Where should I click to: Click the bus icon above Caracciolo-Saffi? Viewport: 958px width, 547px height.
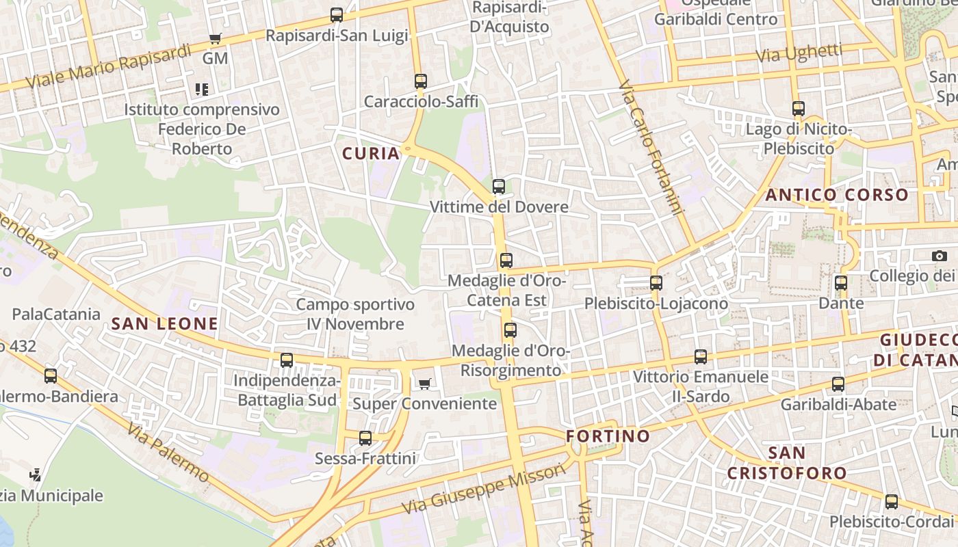[421, 81]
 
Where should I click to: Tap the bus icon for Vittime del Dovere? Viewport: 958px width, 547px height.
[499, 186]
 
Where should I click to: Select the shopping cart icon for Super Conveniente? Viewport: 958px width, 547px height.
[425, 384]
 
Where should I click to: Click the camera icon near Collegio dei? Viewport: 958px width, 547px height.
[940, 256]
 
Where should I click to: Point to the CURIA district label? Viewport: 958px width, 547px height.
[371, 154]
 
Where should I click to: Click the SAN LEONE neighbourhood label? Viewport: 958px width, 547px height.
[165, 324]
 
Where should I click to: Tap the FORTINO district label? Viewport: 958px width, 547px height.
[608, 436]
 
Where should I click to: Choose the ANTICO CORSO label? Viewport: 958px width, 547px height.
[837, 195]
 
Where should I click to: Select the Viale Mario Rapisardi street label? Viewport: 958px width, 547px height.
[109, 67]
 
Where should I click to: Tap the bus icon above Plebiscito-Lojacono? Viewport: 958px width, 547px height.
[656, 282]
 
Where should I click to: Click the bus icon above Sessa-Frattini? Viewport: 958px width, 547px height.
[365, 438]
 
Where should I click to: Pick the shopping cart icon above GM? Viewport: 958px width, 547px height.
[216, 39]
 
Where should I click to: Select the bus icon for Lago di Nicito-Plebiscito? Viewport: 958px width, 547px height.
[799, 108]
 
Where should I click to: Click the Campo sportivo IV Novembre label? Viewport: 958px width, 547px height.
[355, 314]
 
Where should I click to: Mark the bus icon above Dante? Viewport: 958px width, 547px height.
[841, 282]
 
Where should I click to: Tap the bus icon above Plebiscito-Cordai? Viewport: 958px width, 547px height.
[892, 502]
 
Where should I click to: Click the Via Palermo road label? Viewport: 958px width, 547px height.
[168, 452]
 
